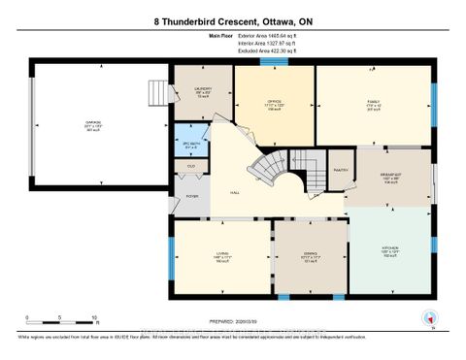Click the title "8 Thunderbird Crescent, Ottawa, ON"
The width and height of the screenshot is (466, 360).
232,21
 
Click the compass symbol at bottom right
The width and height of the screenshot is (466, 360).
426,318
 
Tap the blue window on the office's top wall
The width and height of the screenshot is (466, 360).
280,63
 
